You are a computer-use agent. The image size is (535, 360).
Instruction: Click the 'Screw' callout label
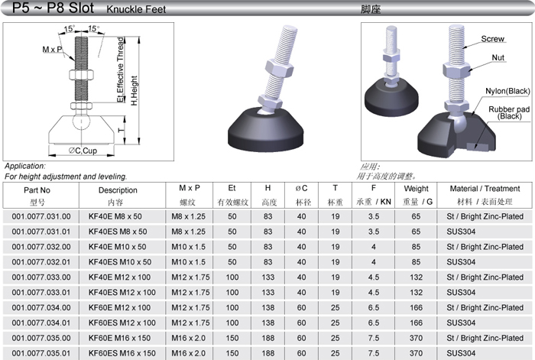click(x=492, y=39)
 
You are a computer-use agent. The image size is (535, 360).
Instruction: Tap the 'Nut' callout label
click(x=498, y=57)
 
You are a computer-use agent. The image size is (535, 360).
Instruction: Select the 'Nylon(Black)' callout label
click(x=507, y=91)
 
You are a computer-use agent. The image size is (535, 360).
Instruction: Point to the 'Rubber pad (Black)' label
click(x=509, y=112)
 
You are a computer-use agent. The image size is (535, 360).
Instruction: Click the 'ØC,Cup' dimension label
click(x=83, y=151)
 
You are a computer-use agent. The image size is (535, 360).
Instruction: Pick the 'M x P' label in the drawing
click(x=52, y=50)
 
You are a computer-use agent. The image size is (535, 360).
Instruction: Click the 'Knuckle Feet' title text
click(x=136, y=9)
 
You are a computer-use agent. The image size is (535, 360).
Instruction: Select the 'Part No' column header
click(x=37, y=190)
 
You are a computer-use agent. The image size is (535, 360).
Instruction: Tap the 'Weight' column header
click(x=416, y=189)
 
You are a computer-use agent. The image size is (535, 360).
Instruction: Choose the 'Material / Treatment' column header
click(x=485, y=189)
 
